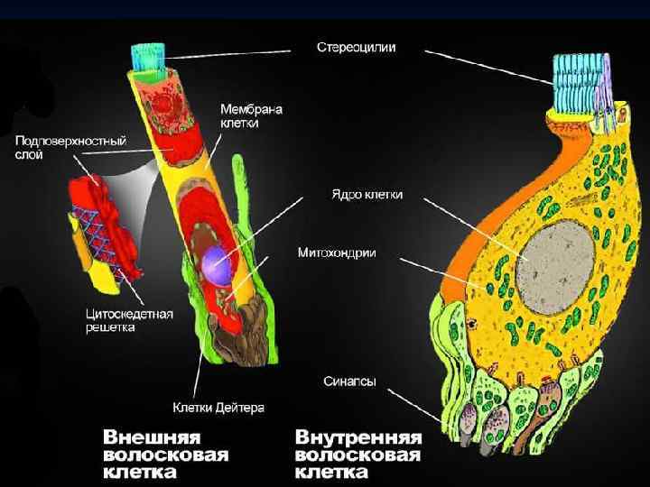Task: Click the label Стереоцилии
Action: click(x=356, y=45)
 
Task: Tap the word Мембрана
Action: click(x=252, y=109)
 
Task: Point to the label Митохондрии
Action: click(x=337, y=253)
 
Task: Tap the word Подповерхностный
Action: click(x=70, y=141)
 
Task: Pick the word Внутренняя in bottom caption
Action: click(x=358, y=436)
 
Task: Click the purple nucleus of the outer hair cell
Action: click(x=218, y=267)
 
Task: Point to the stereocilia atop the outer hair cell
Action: click(x=146, y=54)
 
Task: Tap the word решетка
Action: click(x=110, y=327)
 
